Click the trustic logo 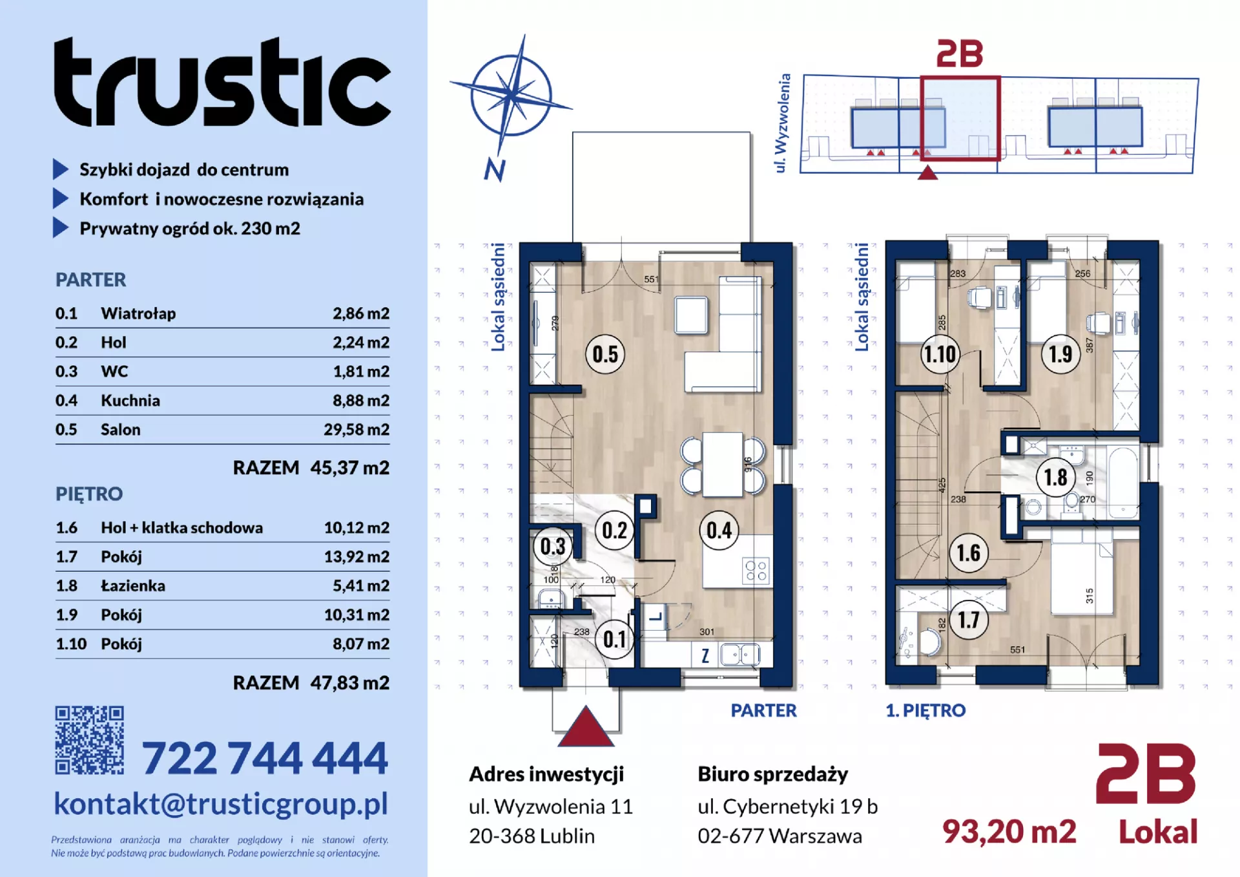222,81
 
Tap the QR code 89,740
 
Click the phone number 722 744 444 265,757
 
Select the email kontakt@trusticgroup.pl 221,804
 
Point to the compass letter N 495,169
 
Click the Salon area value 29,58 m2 356,430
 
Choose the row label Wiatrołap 138,313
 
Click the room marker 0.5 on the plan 605,354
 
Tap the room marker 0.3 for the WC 553,547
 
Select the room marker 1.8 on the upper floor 1056,478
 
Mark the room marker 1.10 940,354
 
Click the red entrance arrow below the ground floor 586,726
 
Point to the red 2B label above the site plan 960,54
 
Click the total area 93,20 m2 1009,832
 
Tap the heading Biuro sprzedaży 773,774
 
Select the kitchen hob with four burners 756,571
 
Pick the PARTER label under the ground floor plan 764,710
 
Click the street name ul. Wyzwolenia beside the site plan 782,123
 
